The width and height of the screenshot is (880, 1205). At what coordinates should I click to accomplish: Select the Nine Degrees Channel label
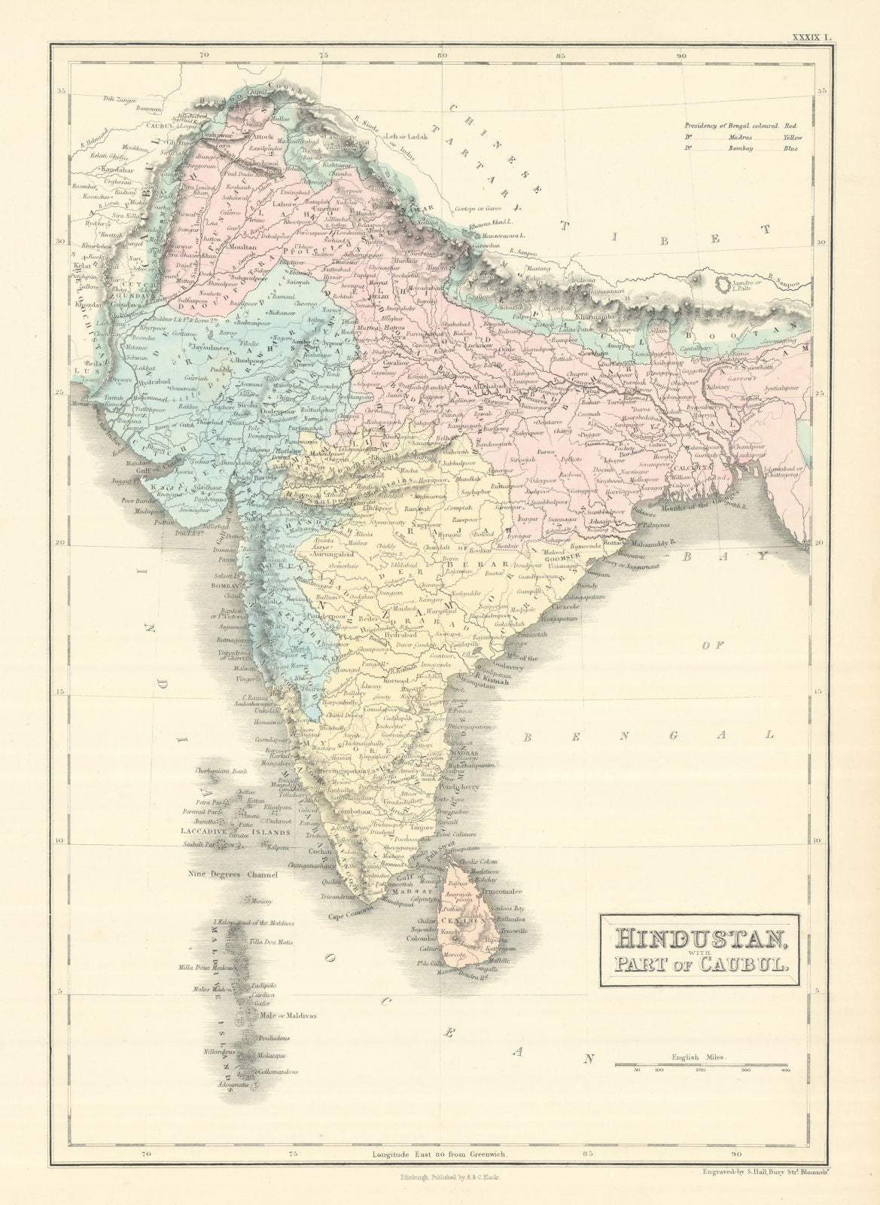234,874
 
